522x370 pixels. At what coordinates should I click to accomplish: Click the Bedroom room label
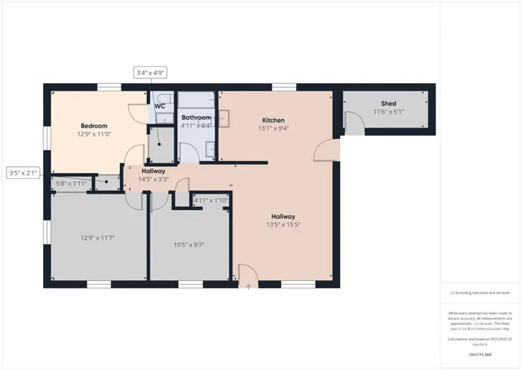pos(94,126)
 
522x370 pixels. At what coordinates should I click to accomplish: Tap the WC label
pos(160,106)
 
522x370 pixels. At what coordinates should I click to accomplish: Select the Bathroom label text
pos(196,118)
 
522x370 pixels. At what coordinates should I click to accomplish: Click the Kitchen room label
pos(273,120)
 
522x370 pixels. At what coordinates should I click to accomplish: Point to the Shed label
pos(388,104)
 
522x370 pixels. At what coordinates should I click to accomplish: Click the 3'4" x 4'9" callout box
pos(151,73)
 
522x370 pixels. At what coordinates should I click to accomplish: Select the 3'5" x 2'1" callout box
pos(24,173)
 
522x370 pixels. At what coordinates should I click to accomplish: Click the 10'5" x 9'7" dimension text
pos(188,244)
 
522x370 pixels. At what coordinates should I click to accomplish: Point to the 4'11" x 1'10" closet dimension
pos(210,199)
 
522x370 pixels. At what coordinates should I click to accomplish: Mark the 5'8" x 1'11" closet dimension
pos(71,183)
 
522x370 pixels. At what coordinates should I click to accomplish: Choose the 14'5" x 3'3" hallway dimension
pos(153,179)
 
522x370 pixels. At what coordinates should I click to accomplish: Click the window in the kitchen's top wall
pos(283,86)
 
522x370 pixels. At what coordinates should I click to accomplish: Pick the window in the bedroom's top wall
pos(109,86)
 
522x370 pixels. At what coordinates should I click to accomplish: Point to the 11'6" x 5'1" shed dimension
pos(388,112)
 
